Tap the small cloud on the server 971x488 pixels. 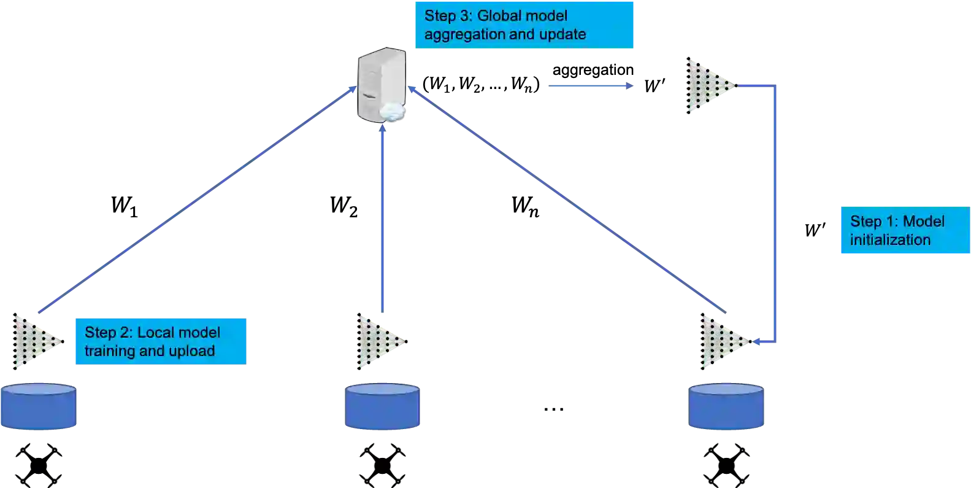tap(392, 112)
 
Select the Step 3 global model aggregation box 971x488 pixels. tap(524, 25)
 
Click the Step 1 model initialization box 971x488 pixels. tap(904, 231)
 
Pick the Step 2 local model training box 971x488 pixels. tap(161, 342)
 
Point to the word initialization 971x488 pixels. tap(890, 240)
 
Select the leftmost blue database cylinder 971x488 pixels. tap(39, 406)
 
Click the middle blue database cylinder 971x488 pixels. tap(383, 406)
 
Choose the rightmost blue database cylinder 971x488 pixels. tap(726, 406)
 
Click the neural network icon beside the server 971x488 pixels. tap(711, 86)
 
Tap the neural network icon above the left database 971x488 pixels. tap(37, 341)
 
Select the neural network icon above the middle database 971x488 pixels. tap(381, 341)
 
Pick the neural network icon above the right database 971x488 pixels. tap(724, 341)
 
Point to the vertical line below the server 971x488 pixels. tap(383, 215)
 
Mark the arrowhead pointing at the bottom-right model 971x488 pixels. tap(758, 342)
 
